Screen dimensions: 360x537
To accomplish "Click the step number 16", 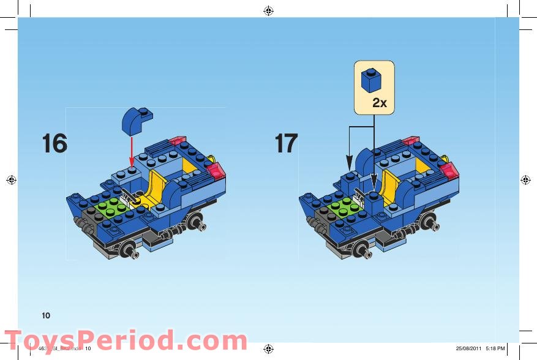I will [54, 143].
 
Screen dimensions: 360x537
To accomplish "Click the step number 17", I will [286, 143].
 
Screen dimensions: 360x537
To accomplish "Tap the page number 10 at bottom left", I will [46, 315].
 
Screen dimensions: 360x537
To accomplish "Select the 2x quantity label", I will [380, 103].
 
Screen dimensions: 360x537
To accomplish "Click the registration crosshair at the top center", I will [268, 10].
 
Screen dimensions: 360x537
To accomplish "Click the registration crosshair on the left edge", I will [10, 179].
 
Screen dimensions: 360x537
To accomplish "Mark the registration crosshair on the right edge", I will [525, 179].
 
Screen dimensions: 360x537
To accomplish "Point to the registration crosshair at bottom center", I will [268, 348].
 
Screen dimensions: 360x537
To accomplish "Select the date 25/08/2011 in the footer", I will [469, 348].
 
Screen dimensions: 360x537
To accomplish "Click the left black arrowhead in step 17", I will [349, 166].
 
